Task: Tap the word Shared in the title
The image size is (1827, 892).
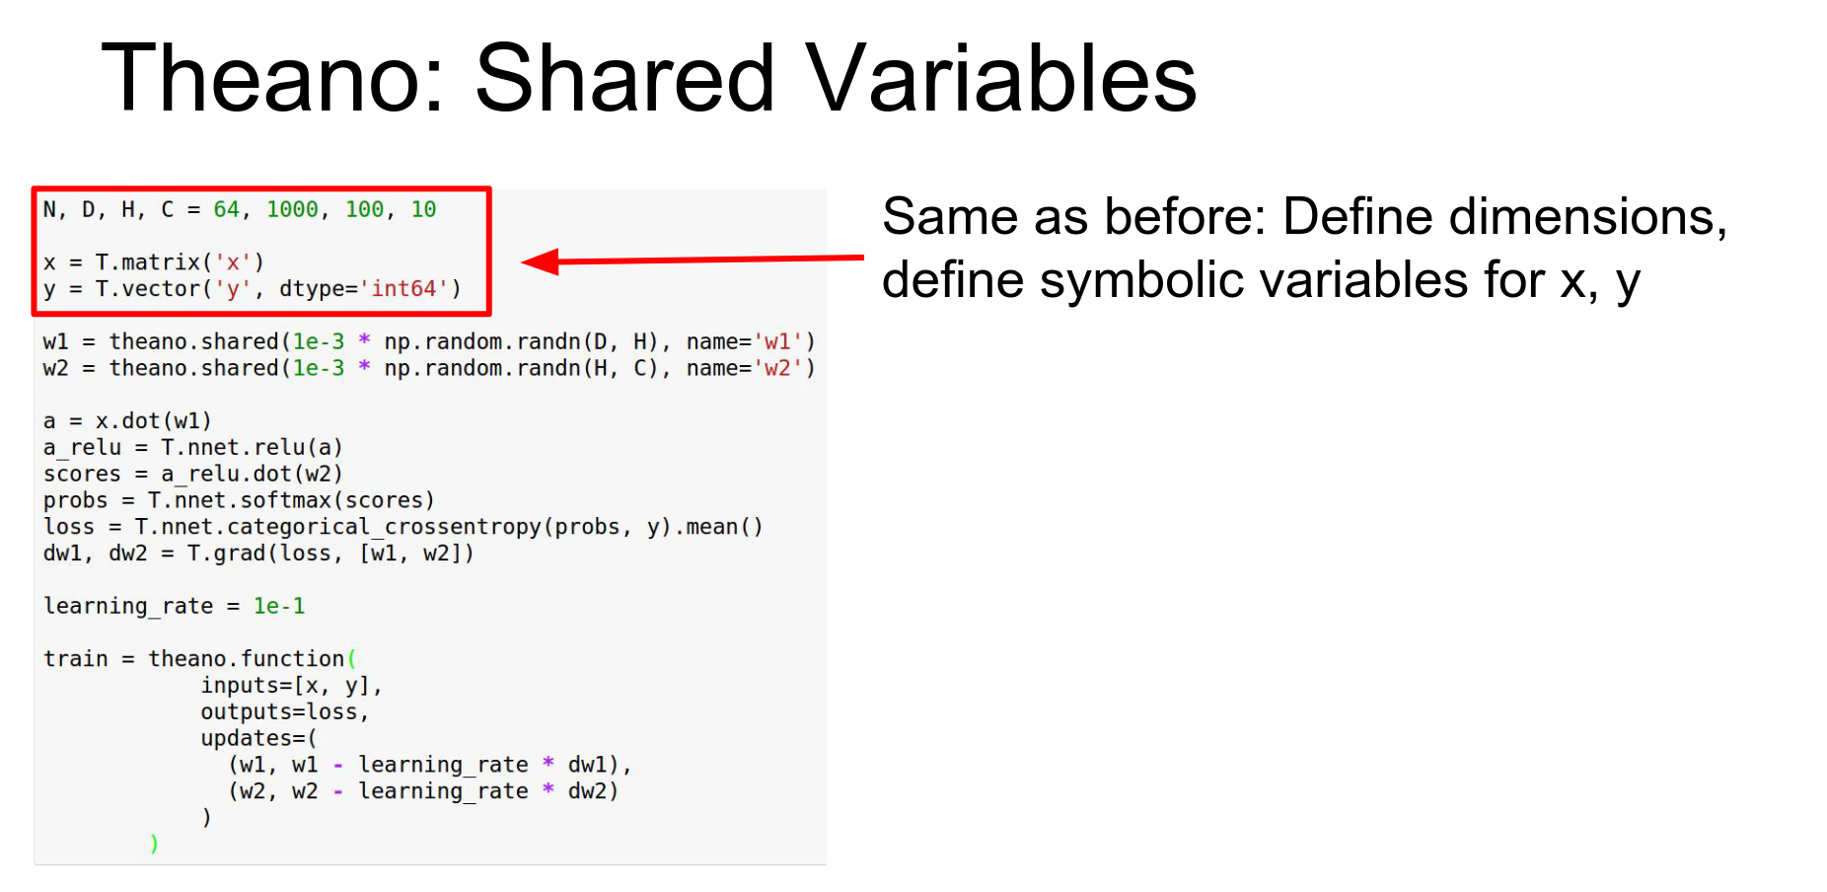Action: point(625,78)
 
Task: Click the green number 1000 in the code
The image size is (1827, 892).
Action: point(292,209)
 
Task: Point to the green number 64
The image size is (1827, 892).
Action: point(226,209)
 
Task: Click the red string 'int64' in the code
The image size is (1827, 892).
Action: point(403,288)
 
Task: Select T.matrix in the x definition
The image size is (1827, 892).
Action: point(148,261)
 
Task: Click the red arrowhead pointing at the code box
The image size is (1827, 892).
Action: point(541,261)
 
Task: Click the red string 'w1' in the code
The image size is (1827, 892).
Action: point(776,341)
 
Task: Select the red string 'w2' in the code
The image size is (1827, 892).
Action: point(776,368)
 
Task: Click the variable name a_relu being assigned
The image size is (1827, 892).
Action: point(82,448)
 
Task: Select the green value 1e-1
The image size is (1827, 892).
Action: point(279,606)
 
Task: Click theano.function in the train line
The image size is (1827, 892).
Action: point(246,658)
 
